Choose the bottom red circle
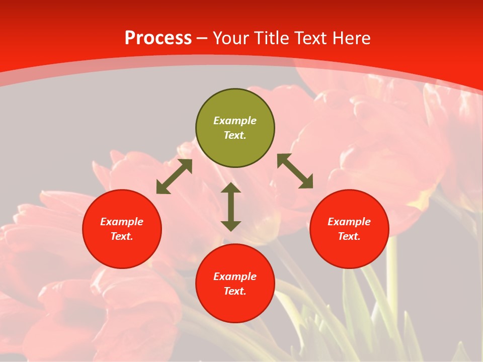235,307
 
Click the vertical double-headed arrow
231,207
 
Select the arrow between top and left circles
174,176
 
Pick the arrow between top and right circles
295,171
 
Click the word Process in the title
158,38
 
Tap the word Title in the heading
272,38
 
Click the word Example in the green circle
235,121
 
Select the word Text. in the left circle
122,236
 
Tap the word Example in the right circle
349,222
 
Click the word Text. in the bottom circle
235,291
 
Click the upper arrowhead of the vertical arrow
231,188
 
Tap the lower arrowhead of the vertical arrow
231,226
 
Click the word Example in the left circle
122,222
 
